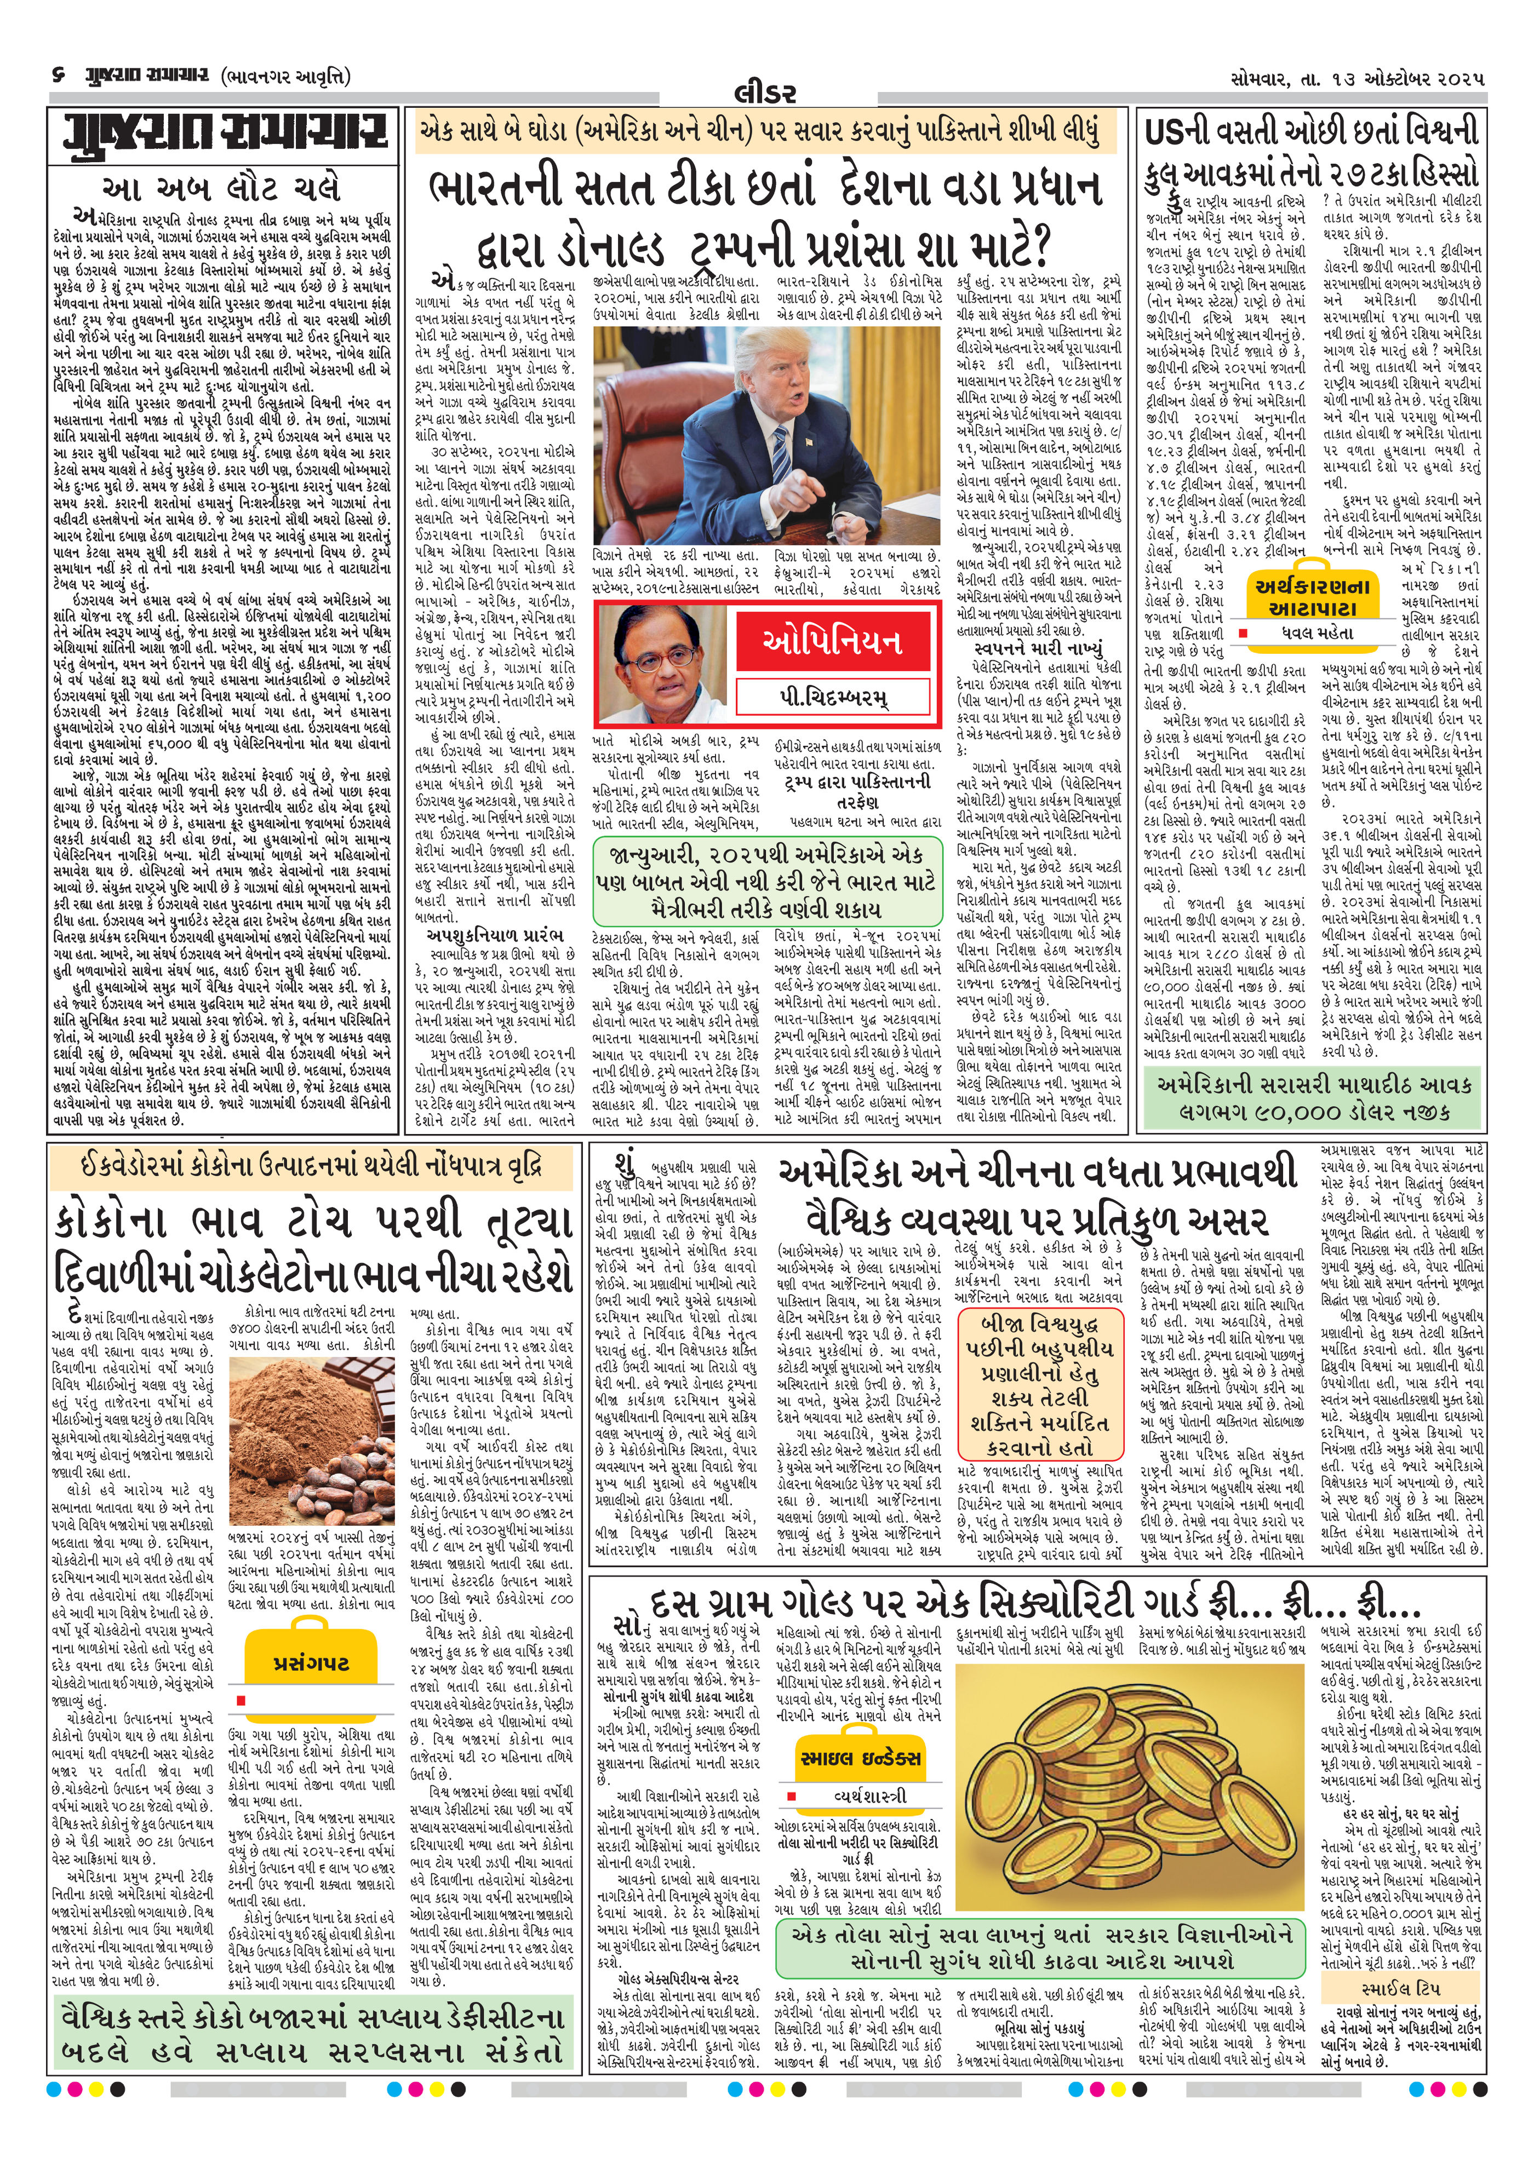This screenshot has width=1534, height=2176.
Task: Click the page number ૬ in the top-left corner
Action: coord(59,75)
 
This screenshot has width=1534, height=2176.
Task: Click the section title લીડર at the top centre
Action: coord(766,93)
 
